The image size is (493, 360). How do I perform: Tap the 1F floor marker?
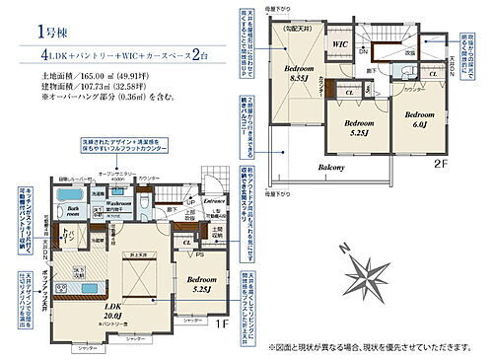pos(223,321)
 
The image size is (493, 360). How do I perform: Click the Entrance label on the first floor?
pos(215,200)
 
